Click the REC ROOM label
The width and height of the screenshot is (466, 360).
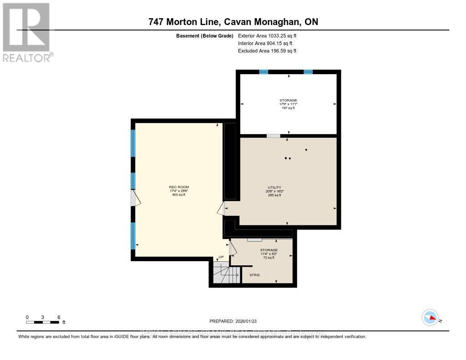(x=179, y=187)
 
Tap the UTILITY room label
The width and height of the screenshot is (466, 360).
(x=274, y=187)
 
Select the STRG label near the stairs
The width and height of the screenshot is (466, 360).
(x=254, y=275)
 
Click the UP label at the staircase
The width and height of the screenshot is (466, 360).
(x=221, y=258)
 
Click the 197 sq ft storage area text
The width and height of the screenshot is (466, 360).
(x=288, y=108)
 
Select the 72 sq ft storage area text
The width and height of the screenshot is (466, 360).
(x=268, y=258)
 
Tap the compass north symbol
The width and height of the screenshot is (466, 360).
(x=430, y=317)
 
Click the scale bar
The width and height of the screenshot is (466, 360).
(x=43, y=322)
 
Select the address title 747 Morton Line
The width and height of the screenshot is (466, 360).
(x=233, y=22)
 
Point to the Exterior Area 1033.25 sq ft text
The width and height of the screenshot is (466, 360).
(x=267, y=35)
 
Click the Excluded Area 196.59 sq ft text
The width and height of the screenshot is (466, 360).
(x=267, y=51)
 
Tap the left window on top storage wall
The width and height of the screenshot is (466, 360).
(x=263, y=72)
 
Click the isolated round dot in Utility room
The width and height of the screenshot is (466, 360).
(x=306, y=149)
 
